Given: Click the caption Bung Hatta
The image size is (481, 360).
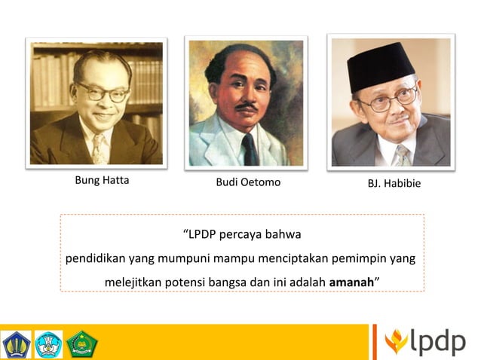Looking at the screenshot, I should click(102, 181).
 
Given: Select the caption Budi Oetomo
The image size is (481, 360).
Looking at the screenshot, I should click(247, 182).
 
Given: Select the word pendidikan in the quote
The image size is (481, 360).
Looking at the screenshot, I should click(94, 258).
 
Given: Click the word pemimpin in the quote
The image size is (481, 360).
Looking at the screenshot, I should click(362, 258).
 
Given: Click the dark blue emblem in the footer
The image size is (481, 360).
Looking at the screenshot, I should click(16, 343).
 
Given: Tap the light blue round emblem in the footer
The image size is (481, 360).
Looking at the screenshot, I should click(48, 343).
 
